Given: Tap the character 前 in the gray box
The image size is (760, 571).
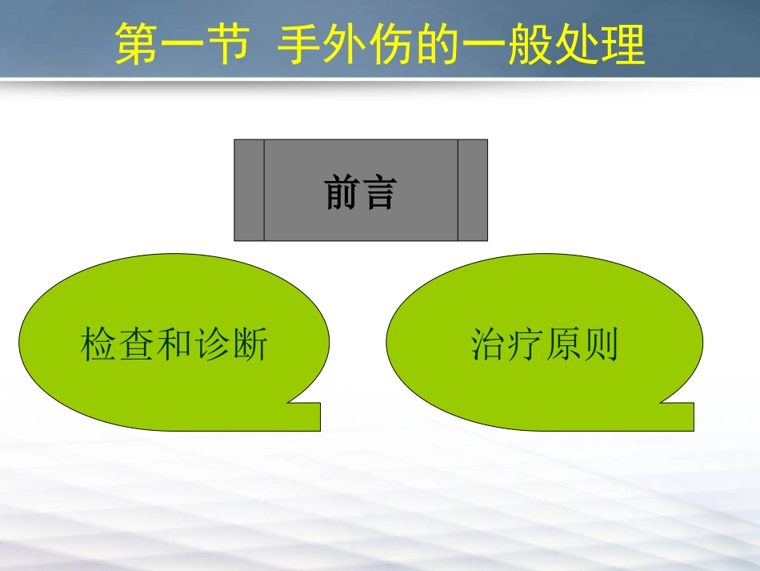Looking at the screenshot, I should (x=342, y=193).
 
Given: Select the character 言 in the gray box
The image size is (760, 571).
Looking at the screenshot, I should (x=378, y=193).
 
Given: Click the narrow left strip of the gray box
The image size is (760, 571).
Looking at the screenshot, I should (x=249, y=190).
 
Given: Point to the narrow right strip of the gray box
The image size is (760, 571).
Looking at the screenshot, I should (x=473, y=190).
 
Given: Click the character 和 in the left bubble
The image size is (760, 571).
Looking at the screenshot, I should (x=173, y=345).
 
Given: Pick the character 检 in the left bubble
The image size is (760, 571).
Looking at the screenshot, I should (x=98, y=345).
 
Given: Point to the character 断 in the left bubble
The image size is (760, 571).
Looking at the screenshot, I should (x=249, y=345).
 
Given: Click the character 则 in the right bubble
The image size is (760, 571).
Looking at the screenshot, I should (x=601, y=345).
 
